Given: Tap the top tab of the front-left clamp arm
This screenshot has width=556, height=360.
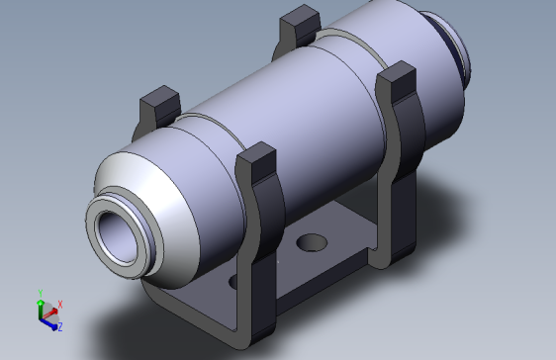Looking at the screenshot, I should click(157, 102).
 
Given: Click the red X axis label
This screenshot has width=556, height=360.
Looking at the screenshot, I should click(60, 305).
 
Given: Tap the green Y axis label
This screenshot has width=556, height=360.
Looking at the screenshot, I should click(40, 294).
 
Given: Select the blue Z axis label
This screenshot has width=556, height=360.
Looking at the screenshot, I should click(59, 325).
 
